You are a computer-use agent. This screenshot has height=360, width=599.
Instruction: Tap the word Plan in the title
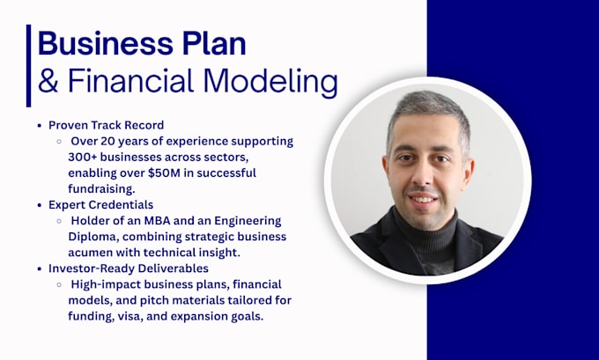click(214, 43)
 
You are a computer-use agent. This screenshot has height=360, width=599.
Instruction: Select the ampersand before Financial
click(48, 81)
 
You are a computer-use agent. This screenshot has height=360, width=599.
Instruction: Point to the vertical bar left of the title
click(28, 66)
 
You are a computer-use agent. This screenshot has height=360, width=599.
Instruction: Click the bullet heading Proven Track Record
click(107, 125)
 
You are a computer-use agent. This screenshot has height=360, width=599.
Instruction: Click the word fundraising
click(101, 189)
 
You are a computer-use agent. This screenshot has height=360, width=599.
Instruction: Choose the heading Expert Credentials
click(100, 205)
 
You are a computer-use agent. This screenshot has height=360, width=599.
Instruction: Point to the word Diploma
click(93, 237)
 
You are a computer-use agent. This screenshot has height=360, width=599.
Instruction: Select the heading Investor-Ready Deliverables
click(129, 268)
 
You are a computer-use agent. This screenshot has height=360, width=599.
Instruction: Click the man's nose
click(422, 174)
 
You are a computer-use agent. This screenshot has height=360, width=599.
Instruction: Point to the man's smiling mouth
click(423, 199)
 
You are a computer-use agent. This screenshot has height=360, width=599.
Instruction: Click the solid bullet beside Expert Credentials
click(40, 205)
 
